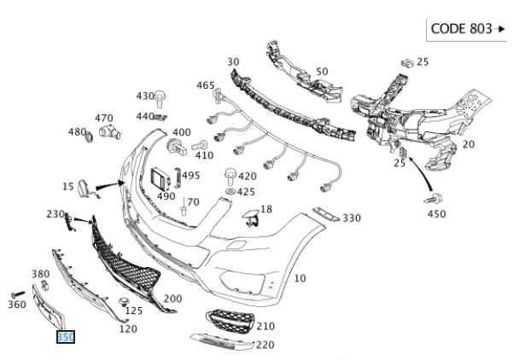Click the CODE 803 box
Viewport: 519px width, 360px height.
pos(469,28)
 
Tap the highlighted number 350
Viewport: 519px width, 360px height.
pos(66,338)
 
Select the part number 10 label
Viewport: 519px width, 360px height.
pos(300,278)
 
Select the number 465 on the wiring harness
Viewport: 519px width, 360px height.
pos(206,85)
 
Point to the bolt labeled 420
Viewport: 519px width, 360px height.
pos(229,175)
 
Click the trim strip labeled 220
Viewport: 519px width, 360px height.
pos(221,342)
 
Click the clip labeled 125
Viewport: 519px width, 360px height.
pos(125,301)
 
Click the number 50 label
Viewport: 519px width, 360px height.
pos(322,72)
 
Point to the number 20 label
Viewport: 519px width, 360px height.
pos(468,144)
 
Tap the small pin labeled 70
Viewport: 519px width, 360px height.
pos(184,207)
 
